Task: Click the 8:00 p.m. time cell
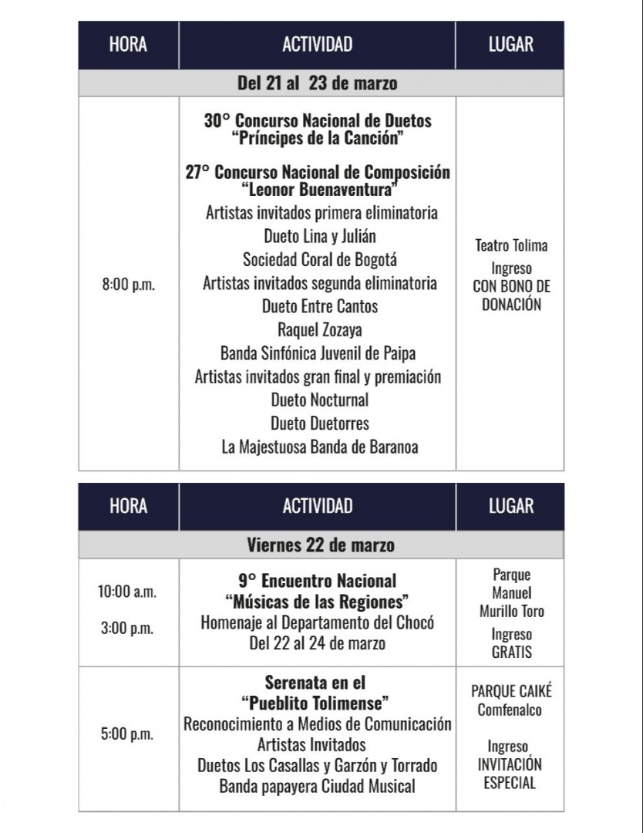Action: pyautogui.click(x=128, y=285)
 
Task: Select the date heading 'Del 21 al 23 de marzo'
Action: pyautogui.click(x=317, y=83)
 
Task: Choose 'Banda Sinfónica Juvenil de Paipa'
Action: pyautogui.click(x=318, y=354)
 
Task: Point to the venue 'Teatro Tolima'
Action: pyautogui.click(x=511, y=246)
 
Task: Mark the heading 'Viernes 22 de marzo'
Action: pyautogui.click(x=321, y=545)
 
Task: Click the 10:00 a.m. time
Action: pyautogui.click(x=127, y=592)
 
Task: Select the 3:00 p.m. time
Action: pyautogui.click(x=127, y=629)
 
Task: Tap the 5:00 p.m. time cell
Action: pyautogui.click(x=127, y=734)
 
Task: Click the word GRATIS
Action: pyautogui.click(x=512, y=652)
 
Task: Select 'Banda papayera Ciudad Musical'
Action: pyautogui.click(x=317, y=787)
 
